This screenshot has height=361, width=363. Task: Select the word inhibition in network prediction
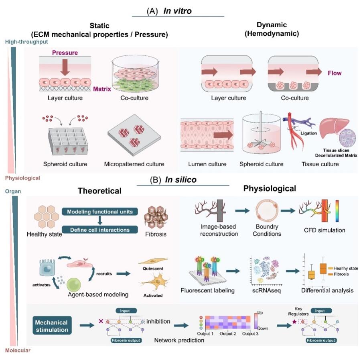tap(158, 321)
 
